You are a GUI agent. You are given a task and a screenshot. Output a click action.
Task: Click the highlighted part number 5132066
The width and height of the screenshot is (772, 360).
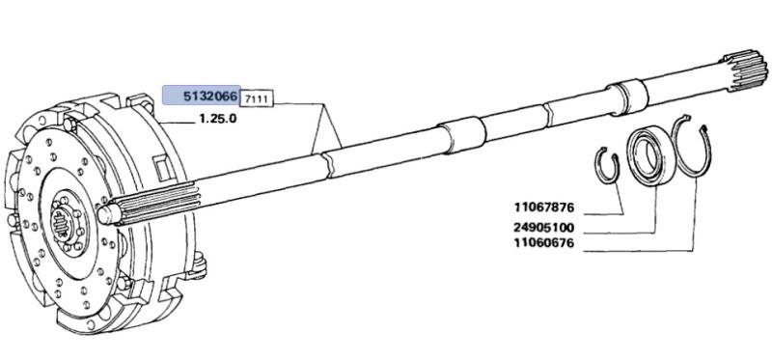[x=211, y=97]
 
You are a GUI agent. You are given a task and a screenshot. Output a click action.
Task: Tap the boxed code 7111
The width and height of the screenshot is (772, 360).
[x=257, y=99]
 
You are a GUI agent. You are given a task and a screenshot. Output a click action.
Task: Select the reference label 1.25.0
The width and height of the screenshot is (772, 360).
[x=218, y=119]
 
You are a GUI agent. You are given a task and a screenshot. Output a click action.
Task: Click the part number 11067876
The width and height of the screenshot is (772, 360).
[x=544, y=208]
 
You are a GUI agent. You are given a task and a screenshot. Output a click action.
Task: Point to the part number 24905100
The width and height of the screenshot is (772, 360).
[x=544, y=228]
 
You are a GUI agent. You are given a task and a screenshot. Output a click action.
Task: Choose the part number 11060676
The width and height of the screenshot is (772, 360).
[x=544, y=243]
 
